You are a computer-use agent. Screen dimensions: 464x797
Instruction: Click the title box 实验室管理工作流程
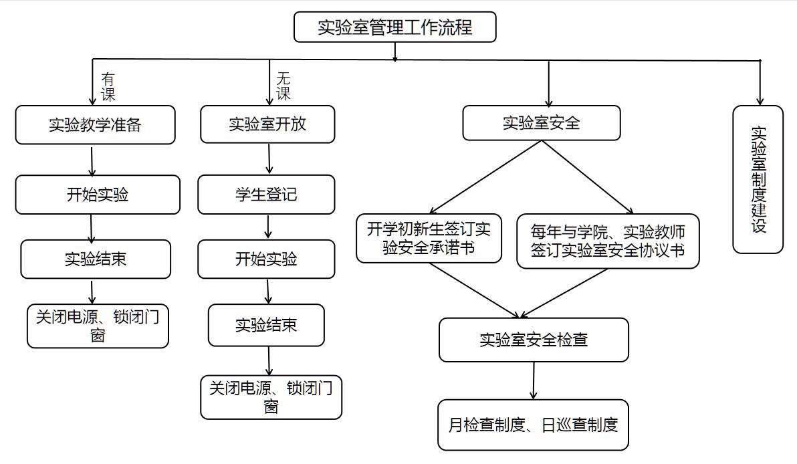click(x=395, y=27)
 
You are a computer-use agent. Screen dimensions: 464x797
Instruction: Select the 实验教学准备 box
click(x=95, y=125)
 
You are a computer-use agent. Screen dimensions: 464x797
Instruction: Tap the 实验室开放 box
click(x=267, y=124)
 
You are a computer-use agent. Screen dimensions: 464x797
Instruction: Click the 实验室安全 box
click(x=542, y=123)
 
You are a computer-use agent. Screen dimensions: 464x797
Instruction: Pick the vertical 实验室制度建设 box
click(x=758, y=179)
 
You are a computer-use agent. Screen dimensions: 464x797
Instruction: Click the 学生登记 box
click(x=266, y=195)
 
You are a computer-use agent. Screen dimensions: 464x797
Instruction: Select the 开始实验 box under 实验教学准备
click(x=98, y=195)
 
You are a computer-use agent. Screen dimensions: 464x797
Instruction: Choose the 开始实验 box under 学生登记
click(x=266, y=259)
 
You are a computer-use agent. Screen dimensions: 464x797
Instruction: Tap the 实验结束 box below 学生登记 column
click(x=266, y=325)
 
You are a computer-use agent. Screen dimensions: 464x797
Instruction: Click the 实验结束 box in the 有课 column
click(x=96, y=259)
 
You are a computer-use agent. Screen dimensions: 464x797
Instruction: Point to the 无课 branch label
click(x=283, y=86)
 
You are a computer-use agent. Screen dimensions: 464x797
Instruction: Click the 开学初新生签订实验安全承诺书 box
click(x=429, y=239)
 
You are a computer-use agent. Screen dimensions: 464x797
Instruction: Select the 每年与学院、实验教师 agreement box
click(x=608, y=241)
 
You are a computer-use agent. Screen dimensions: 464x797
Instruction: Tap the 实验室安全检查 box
click(x=534, y=340)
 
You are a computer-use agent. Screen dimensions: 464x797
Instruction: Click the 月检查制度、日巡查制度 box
click(x=533, y=425)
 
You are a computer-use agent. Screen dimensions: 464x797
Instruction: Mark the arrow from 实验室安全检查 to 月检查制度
click(x=534, y=380)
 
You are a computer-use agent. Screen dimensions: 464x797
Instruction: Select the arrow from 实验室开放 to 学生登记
click(x=269, y=159)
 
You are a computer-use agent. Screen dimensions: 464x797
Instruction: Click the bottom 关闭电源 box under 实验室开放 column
click(x=271, y=397)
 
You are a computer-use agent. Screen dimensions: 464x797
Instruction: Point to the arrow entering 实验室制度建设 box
click(x=760, y=83)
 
